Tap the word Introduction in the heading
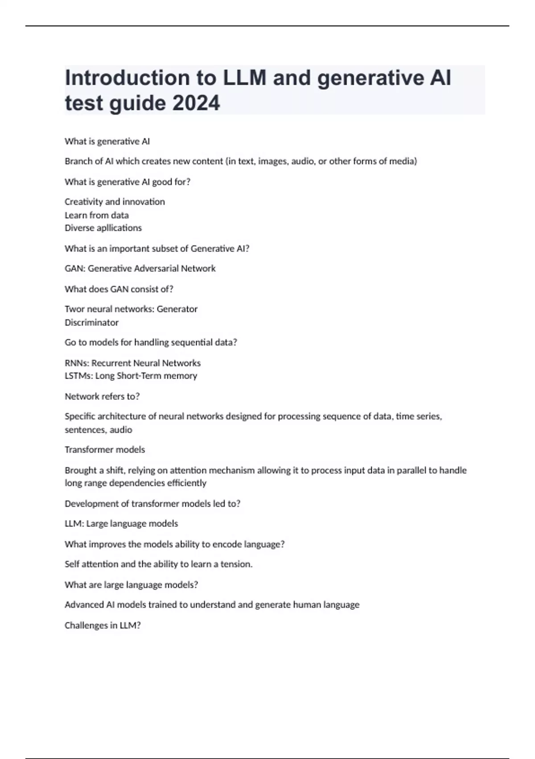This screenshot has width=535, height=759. [127, 78]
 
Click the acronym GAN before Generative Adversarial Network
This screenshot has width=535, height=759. [74, 268]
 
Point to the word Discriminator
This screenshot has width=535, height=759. [91, 322]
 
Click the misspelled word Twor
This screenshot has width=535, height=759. [74, 309]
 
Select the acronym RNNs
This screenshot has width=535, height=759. [76, 363]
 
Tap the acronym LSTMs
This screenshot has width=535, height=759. [78, 376]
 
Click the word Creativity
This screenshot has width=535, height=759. [83, 202]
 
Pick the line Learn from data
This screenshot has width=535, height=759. [96, 215]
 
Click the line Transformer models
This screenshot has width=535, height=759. [105, 450]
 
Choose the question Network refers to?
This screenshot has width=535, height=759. [102, 396]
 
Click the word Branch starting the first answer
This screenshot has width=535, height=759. [78, 161]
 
